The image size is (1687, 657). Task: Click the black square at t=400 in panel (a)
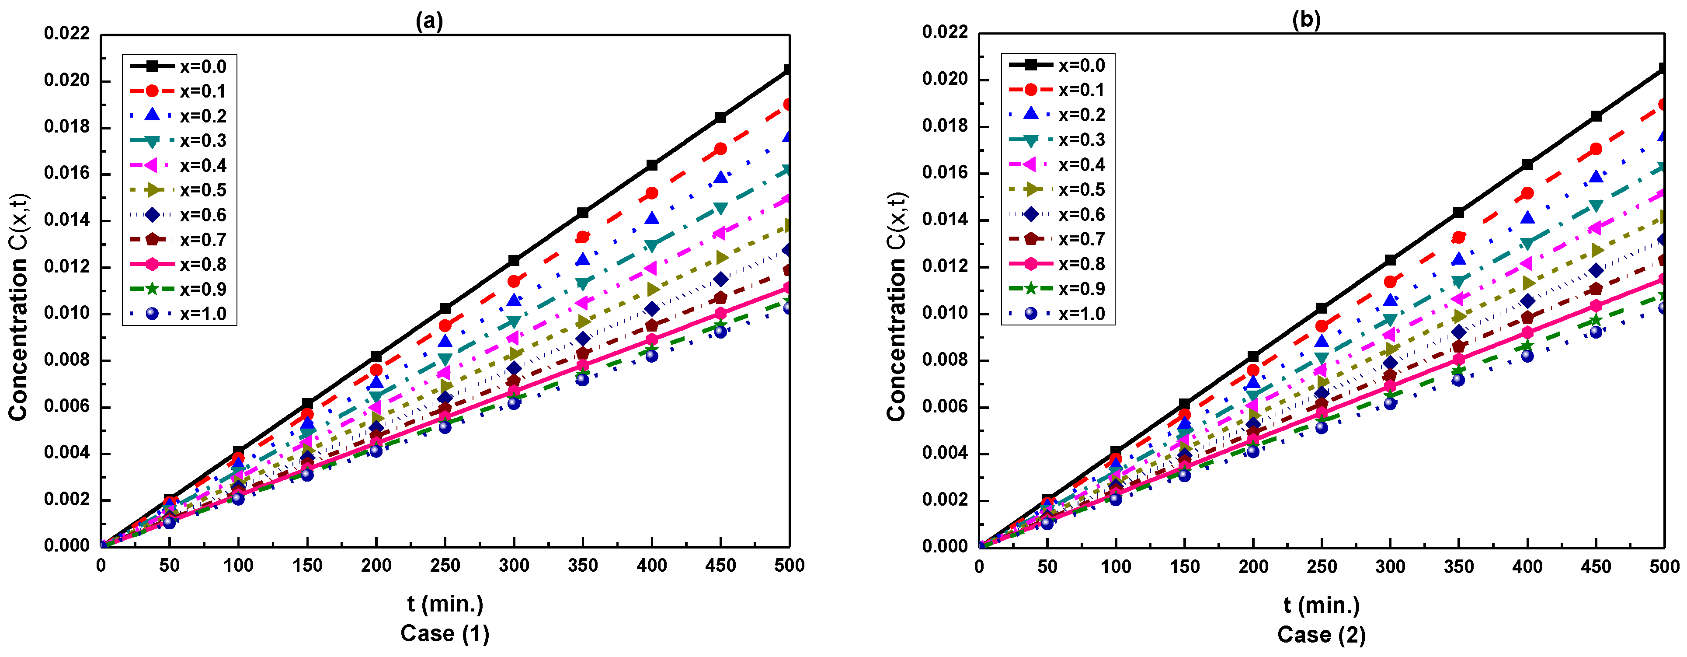point(652,165)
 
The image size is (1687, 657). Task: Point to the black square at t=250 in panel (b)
point(1322,308)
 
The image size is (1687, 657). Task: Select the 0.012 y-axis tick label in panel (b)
point(944,266)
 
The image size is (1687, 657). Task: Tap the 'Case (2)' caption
point(1322,635)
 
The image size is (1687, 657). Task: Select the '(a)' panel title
point(430,21)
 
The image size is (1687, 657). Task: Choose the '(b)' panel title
point(1307,20)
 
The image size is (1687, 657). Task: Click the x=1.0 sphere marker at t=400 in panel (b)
point(1527,356)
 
